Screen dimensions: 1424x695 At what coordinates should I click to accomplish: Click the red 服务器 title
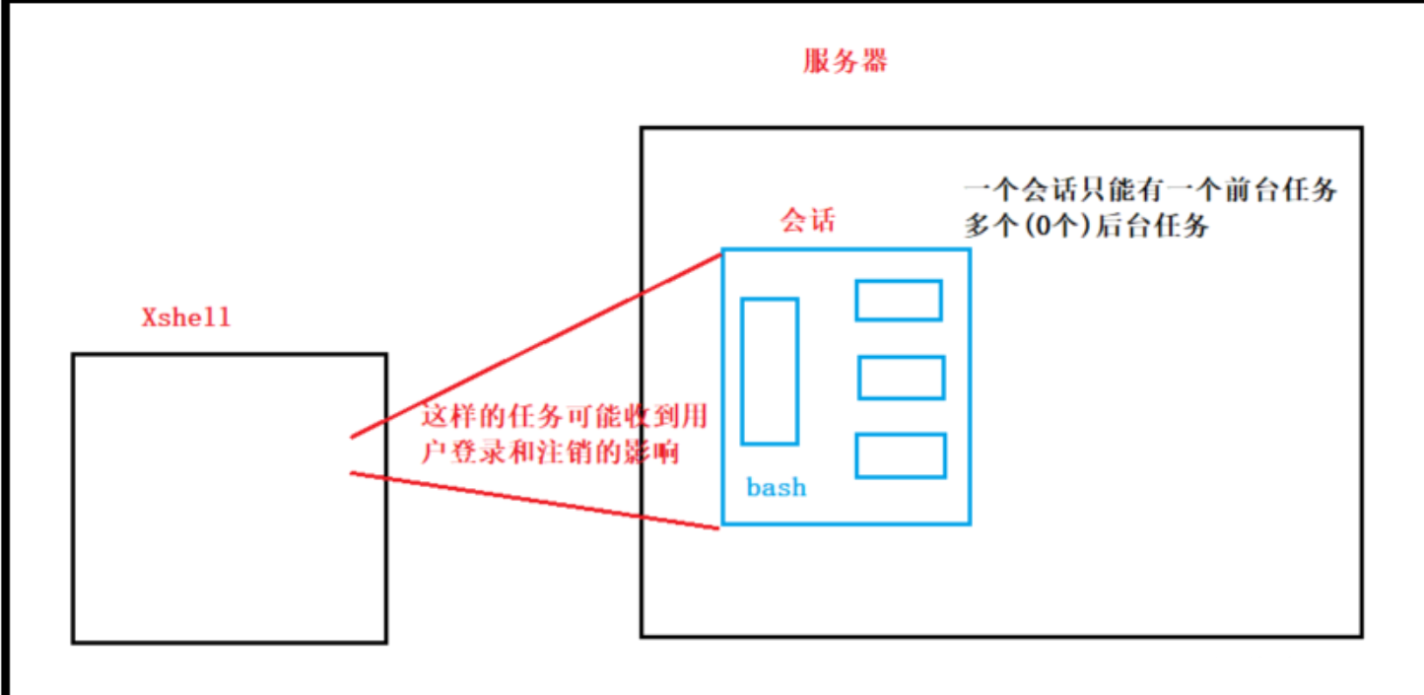[x=846, y=62]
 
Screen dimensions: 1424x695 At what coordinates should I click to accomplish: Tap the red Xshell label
[x=186, y=317]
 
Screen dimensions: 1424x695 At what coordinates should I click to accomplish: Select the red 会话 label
[x=808, y=221]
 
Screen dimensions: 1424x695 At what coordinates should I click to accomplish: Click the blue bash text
[x=776, y=487]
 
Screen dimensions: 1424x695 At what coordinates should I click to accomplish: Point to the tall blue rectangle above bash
[x=769, y=371]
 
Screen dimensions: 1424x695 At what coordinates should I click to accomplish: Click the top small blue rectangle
[x=898, y=300]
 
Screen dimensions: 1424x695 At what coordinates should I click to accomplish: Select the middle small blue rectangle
[x=901, y=378]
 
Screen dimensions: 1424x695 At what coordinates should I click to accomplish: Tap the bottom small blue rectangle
[x=900, y=455]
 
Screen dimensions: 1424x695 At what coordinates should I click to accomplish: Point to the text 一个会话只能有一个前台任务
[x=1150, y=190]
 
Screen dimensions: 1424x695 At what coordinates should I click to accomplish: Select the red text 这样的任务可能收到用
[x=565, y=418]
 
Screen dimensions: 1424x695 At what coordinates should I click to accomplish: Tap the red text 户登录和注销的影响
[x=551, y=453]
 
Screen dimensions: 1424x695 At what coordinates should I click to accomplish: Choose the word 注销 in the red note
[x=577, y=453]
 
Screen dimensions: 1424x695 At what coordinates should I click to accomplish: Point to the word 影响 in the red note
[x=654, y=453]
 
